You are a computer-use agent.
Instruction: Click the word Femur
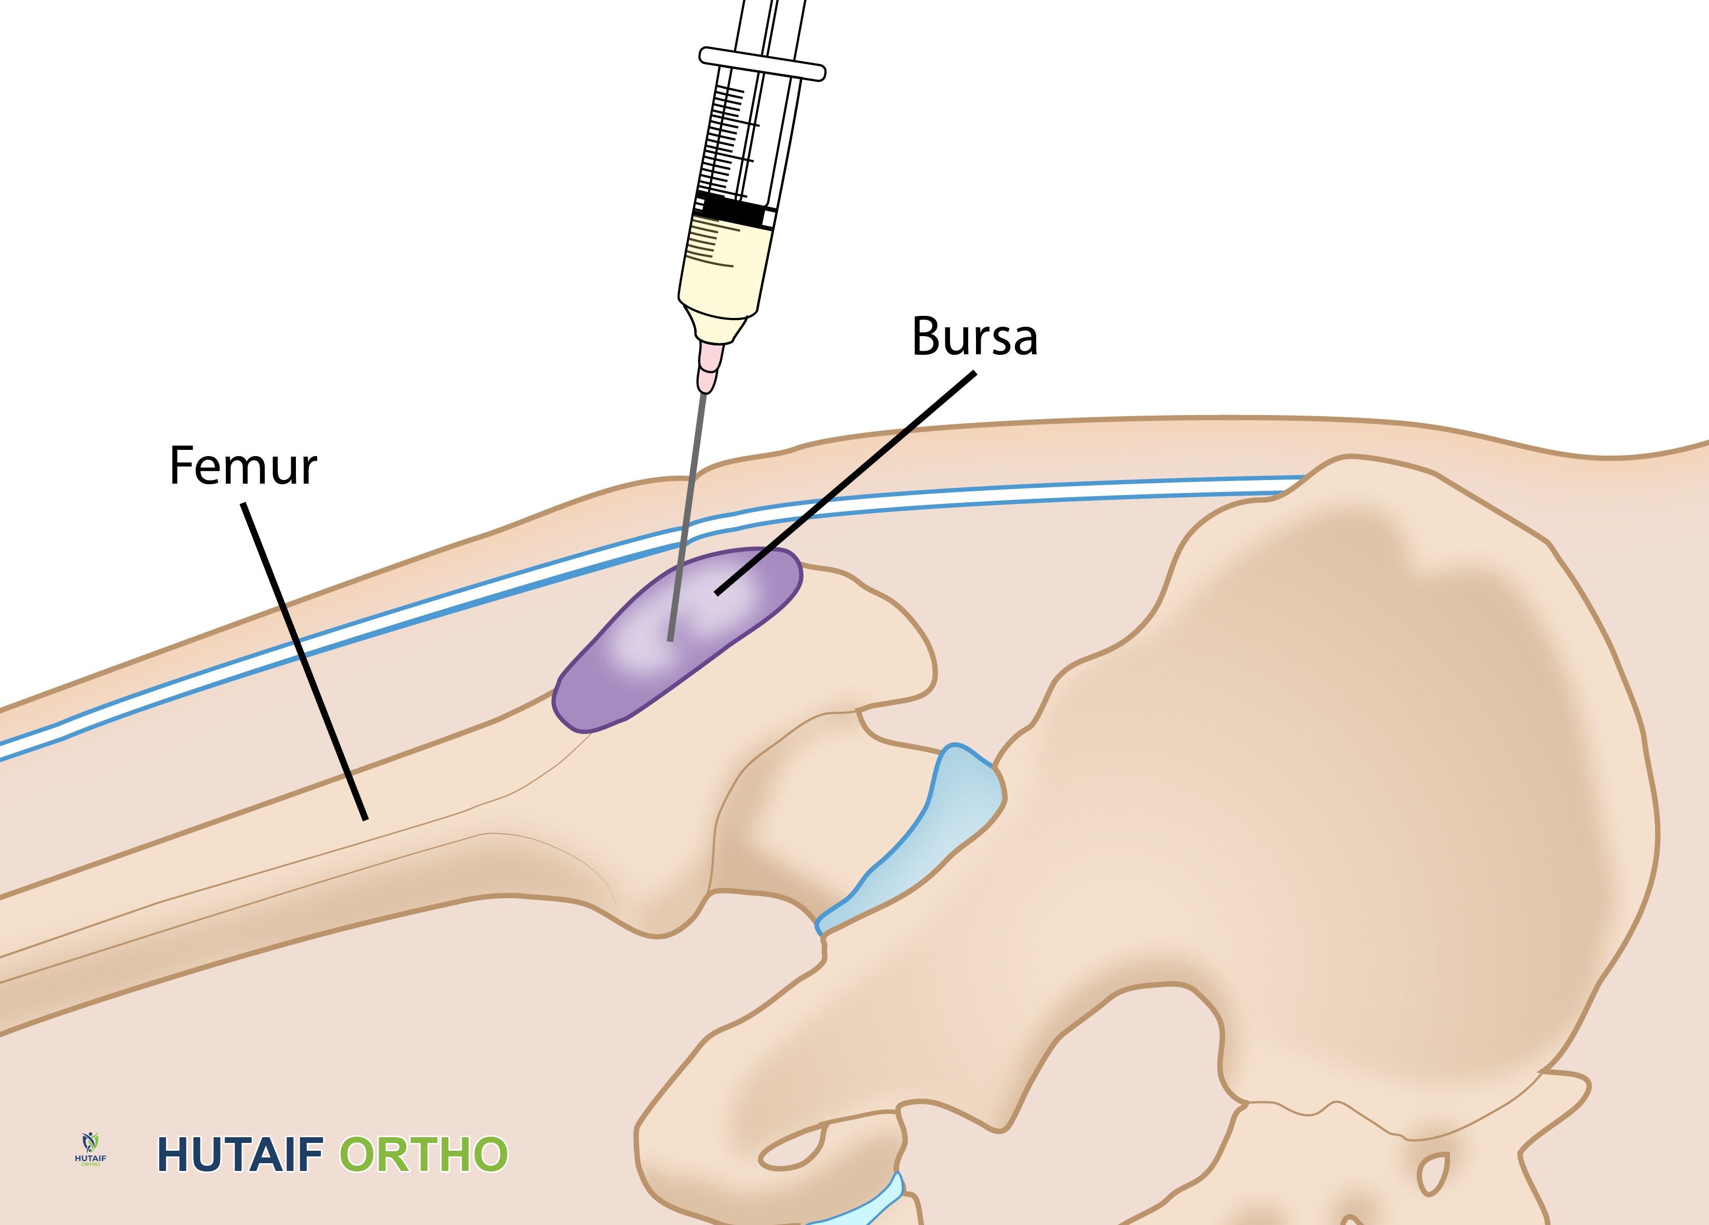[x=242, y=466]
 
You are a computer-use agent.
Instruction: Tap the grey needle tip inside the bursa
[x=670, y=637]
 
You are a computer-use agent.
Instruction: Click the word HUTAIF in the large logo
[x=240, y=1154]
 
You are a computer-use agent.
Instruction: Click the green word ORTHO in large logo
[x=424, y=1154]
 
